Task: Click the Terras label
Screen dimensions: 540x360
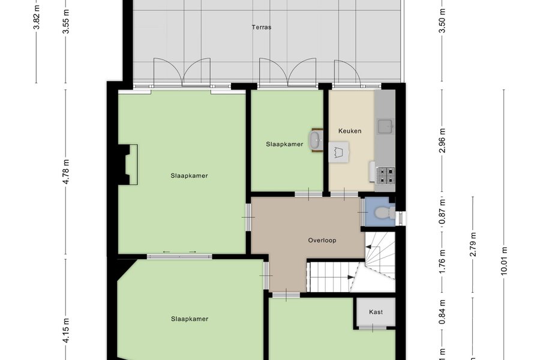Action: tap(262, 27)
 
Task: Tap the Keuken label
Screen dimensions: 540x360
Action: tap(350, 131)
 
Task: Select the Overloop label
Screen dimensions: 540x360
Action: tap(322, 241)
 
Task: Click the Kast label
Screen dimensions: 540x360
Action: tap(376, 312)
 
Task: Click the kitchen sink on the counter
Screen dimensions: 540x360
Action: tap(385, 126)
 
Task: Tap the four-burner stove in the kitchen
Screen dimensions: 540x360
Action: tap(386, 175)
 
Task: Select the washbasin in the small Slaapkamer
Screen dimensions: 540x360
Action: tap(316, 140)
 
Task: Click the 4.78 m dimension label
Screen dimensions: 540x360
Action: tap(67, 172)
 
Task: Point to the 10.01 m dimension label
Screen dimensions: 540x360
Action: tap(504, 261)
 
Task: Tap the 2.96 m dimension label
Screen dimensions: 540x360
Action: tap(443, 140)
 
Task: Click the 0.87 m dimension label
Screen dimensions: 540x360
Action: tap(443, 212)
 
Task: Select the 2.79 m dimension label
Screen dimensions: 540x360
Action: tap(473, 244)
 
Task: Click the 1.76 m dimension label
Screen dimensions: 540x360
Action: tap(443, 262)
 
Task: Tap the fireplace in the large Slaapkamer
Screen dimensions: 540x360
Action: tap(128, 164)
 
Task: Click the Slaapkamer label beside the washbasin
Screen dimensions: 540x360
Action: tap(284, 145)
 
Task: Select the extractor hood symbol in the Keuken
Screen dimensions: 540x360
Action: tap(338, 152)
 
